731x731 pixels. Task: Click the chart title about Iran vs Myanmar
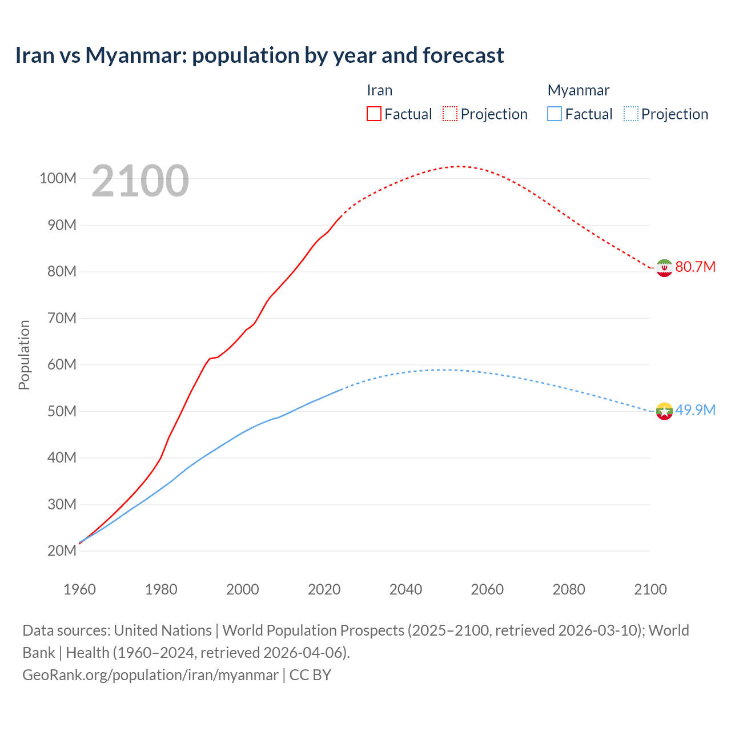(260, 55)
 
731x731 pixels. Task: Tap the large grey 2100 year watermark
(140, 181)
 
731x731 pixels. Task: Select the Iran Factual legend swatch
(373, 114)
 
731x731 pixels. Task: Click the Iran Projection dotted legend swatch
(450, 114)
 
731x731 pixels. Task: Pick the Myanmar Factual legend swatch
(554, 114)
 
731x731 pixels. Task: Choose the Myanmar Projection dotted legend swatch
(630, 114)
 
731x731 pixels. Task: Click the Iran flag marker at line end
(664, 267)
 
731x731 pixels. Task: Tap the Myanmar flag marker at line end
(664, 411)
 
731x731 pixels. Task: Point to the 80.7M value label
(695, 267)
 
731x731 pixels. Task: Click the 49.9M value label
(695, 411)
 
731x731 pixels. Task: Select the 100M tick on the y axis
(58, 179)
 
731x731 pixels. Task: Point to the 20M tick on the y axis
(62, 551)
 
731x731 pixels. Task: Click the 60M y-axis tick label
(62, 365)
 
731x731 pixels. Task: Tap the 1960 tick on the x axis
(79, 589)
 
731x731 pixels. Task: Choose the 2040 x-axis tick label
(405, 589)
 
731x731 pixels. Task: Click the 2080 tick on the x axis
(569, 589)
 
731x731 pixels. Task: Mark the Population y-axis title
(24, 355)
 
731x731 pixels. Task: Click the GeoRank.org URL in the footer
(150, 675)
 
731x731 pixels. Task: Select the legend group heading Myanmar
(579, 90)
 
